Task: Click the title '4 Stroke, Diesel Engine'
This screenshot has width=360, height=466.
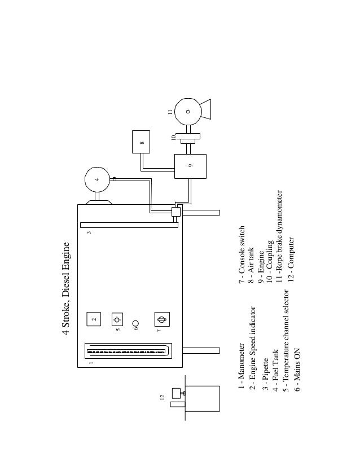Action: pyautogui.click(x=67, y=288)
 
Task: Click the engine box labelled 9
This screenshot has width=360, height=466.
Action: pyautogui.click(x=190, y=166)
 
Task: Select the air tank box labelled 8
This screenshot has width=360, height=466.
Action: pyautogui.click(x=142, y=142)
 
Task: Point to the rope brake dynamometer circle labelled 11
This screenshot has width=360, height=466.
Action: pyautogui.click(x=188, y=111)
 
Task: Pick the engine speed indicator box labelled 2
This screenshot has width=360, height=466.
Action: pyautogui.click(x=94, y=319)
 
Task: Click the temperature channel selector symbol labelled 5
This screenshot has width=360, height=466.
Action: pyautogui.click(x=117, y=319)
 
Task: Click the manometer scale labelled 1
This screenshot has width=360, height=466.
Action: pyautogui.click(x=128, y=350)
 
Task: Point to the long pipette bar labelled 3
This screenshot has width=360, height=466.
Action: pyautogui.click(x=129, y=225)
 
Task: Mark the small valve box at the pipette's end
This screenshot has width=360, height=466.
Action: pyautogui.click(x=175, y=212)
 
